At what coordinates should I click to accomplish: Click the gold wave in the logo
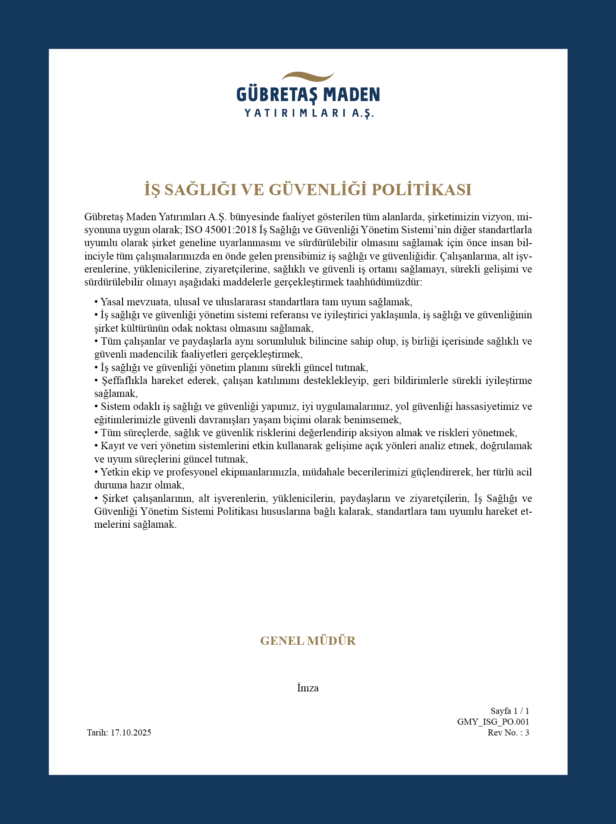coord(308,77)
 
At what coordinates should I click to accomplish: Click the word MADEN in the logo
coord(352,95)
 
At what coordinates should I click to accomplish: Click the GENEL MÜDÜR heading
coord(308,640)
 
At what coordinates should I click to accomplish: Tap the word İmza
coord(308,688)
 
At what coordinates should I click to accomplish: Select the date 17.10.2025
coord(131,732)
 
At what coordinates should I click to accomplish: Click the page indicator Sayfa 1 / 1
coord(509,711)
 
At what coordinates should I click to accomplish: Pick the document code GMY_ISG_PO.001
coord(493,722)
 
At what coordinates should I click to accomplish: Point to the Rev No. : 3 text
coord(508,732)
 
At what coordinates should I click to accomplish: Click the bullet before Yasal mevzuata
coord(96,302)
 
